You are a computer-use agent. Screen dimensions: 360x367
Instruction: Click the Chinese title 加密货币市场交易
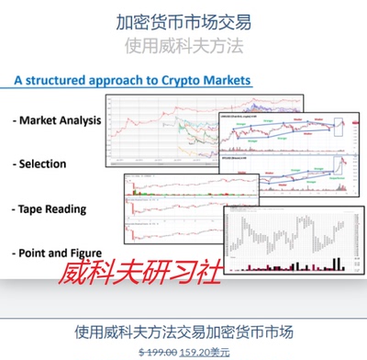click(x=184, y=20)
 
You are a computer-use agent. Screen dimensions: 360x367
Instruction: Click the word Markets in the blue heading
click(x=220, y=81)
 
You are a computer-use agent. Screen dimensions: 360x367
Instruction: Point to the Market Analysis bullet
click(x=55, y=120)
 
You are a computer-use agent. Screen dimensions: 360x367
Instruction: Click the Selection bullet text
click(x=42, y=163)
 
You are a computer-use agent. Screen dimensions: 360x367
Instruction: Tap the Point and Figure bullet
click(x=55, y=252)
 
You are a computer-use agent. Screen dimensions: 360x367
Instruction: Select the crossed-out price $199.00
click(x=158, y=351)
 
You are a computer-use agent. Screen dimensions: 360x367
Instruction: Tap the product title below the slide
click(x=184, y=330)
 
